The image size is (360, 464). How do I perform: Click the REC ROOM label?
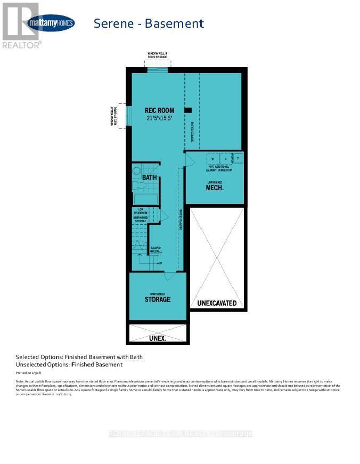(x=159, y=110)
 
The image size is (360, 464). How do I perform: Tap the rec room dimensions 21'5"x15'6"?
(x=159, y=118)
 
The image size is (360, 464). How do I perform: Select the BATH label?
(x=149, y=177)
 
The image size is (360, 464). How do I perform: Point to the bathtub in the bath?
(x=145, y=199)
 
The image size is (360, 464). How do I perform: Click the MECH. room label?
(x=215, y=188)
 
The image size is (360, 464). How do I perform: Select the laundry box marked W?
(x=212, y=159)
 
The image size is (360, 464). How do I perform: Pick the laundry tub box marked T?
(x=238, y=158)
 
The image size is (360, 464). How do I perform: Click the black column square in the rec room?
(x=188, y=110)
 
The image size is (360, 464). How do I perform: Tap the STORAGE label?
(x=158, y=299)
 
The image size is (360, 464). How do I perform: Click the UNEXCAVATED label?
(x=217, y=303)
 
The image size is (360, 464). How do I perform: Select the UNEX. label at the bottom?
(x=157, y=338)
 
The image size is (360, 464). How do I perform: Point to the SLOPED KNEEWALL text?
(x=156, y=249)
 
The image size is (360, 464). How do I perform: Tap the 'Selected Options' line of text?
(x=79, y=357)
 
